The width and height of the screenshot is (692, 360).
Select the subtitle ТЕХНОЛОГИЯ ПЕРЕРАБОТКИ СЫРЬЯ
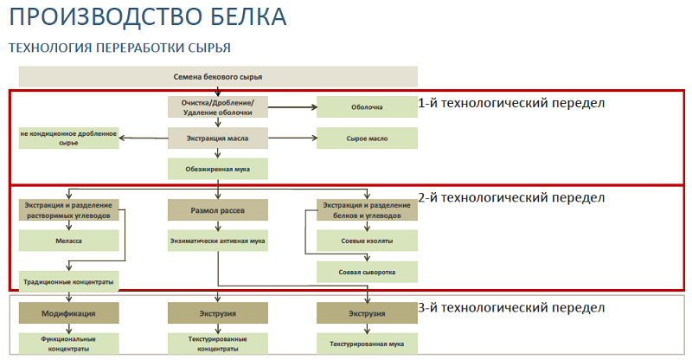(x=119, y=48)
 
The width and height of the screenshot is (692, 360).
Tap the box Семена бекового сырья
(x=218, y=76)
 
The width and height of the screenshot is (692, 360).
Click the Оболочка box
(x=367, y=107)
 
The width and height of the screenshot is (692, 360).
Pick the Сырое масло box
(x=367, y=138)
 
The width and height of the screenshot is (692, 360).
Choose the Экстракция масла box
(x=218, y=138)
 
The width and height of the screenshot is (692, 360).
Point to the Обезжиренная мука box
(x=218, y=169)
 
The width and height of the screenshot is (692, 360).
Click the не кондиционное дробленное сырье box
(x=69, y=138)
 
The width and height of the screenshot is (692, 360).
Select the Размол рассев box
(x=218, y=210)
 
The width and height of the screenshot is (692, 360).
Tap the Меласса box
(x=69, y=241)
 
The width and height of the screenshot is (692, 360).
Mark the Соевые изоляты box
(x=367, y=241)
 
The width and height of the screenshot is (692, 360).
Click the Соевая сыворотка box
(x=367, y=272)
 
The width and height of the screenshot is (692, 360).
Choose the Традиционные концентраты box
(x=69, y=281)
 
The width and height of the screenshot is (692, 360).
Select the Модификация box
(x=69, y=313)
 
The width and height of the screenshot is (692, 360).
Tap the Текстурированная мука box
(x=367, y=344)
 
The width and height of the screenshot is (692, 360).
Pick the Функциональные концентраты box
(x=69, y=344)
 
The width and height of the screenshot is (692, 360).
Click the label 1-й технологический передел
(x=511, y=103)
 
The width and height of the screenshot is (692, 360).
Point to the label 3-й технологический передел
(x=511, y=308)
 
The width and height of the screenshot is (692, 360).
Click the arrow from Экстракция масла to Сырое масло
(x=292, y=138)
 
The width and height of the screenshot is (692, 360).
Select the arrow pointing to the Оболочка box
(x=292, y=107)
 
